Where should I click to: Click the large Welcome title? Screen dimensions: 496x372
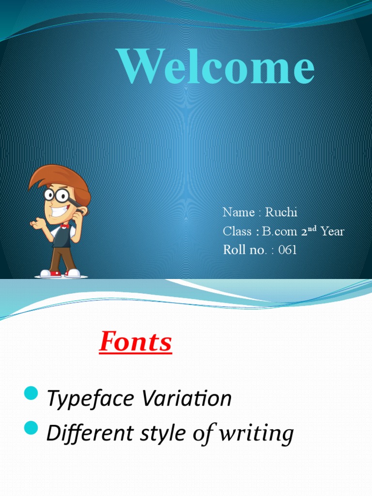click(217, 69)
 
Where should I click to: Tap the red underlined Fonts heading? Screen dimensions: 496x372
click(136, 342)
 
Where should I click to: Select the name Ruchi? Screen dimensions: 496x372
click(281, 212)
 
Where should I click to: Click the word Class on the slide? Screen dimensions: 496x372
click(237, 232)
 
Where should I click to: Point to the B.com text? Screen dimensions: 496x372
click(280, 232)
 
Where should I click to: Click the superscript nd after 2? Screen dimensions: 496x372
click(313, 229)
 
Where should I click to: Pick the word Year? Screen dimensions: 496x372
click(332, 232)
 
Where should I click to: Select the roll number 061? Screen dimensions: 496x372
click(288, 250)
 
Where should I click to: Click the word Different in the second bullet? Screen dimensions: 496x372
click(80, 433)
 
